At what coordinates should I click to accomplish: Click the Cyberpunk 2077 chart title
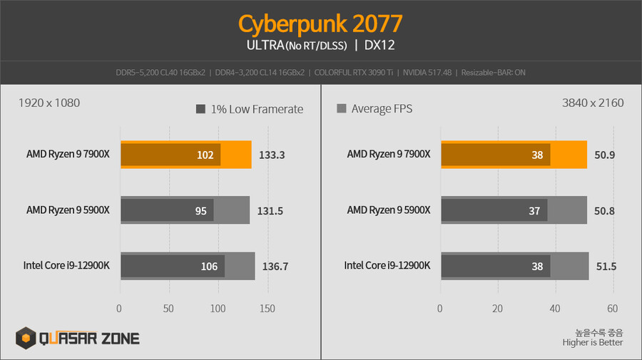[x=320, y=23]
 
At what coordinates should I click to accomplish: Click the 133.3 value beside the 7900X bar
[x=271, y=154]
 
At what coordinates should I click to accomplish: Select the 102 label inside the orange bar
[x=205, y=154]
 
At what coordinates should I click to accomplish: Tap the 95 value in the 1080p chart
[x=200, y=210]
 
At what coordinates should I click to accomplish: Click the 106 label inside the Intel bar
[x=209, y=267]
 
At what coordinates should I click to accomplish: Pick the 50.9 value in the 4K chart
[x=604, y=154]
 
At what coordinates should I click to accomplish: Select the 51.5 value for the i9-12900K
[x=606, y=267]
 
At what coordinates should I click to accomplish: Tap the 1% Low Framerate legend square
[x=200, y=109]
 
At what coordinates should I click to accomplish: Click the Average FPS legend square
[x=341, y=109]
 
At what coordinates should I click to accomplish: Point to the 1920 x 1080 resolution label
[x=49, y=103]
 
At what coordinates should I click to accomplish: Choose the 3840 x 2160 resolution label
[x=593, y=103]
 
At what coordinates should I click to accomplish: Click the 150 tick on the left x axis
[x=267, y=309]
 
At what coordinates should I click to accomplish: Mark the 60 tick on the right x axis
[x=612, y=309]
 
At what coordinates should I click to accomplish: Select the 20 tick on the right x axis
[x=497, y=309]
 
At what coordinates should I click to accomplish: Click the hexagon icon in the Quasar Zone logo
[x=27, y=338]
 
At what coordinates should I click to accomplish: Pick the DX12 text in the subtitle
[x=379, y=46]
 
